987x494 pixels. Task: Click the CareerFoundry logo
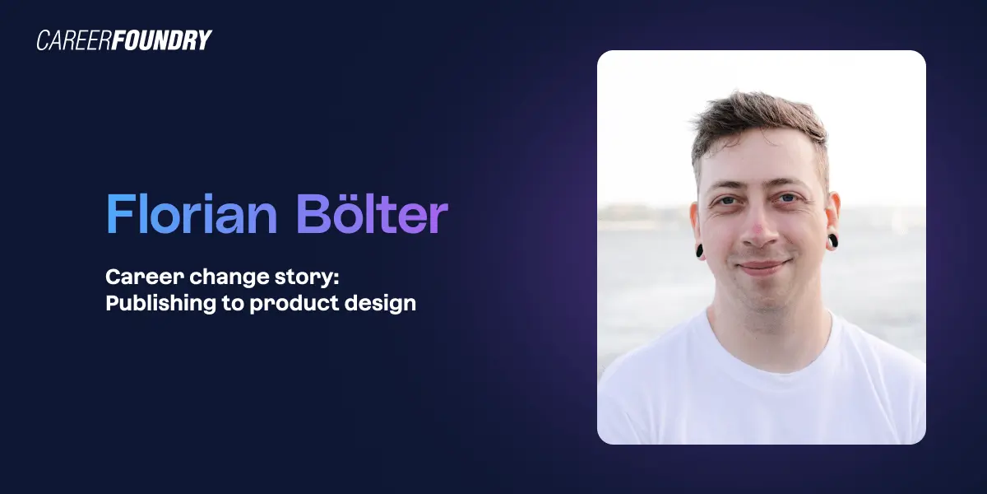[x=123, y=40]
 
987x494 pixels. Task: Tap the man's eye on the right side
[x=789, y=198]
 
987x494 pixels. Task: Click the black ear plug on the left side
[x=700, y=250]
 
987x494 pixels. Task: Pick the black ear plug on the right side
[x=832, y=241]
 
